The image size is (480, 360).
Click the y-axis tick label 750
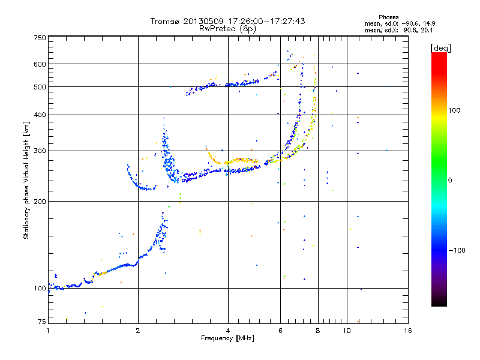[x=40, y=38]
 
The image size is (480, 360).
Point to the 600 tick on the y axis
[x=40, y=64]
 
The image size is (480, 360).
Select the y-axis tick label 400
[x=40, y=115]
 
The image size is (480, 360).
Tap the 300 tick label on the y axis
[x=40, y=151]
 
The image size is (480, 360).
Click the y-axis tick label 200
[x=40, y=202]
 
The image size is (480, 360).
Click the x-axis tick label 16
[x=407, y=331]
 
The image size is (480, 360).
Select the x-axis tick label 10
[x=346, y=331]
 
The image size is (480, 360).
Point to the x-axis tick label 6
[x=280, y=331]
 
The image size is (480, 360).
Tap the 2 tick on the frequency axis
[x=138, y=331]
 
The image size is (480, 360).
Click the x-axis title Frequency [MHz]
[x=227, y=338]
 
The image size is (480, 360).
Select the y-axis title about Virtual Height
[x=26, y=180]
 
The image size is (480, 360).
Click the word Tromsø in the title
[x=166, y=21]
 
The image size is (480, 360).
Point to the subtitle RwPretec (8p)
[x=227, y=28]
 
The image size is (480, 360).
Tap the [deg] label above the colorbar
[x=441, y=47]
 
